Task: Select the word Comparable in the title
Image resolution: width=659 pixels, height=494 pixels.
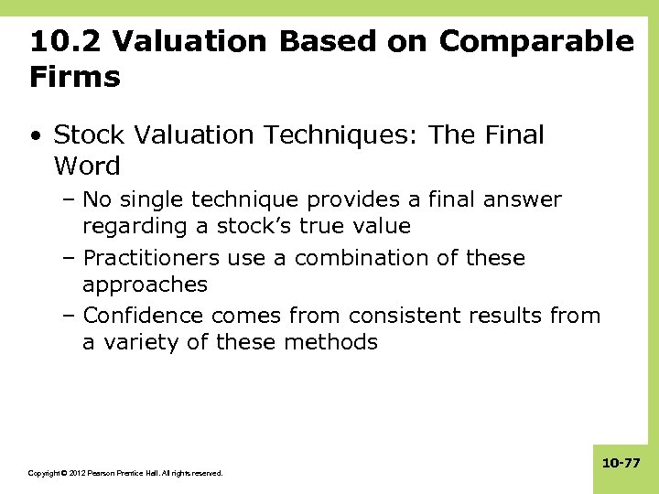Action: tap(536, 42)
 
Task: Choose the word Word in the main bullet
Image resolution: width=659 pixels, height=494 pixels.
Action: tap(87, 166)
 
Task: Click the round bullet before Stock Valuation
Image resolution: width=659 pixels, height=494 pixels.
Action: tap(35, 137)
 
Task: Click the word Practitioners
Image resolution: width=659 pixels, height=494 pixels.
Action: tap(151, 258)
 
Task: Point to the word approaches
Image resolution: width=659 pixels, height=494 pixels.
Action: tap(145, 285)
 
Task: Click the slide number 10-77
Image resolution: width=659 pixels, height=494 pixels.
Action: tap(621, 464)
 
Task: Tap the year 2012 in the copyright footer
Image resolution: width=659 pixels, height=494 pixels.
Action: tap(75, 473)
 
